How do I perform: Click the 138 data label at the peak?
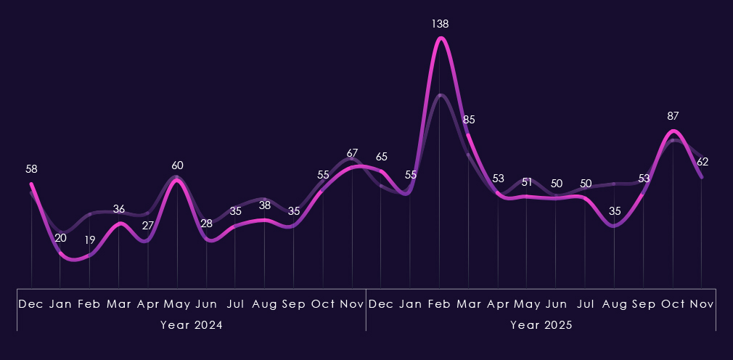440,24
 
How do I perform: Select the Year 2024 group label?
192,325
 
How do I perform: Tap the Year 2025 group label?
541,325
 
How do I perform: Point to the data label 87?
673,116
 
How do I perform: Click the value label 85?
469,119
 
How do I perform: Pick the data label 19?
89,240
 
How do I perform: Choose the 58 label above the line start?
31,169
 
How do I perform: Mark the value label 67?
352,153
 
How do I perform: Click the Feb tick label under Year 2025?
440,303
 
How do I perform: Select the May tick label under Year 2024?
177,303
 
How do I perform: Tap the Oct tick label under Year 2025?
673,303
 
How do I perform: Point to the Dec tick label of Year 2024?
31,303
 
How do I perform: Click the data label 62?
702,162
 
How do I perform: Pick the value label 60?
177,165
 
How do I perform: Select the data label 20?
60,237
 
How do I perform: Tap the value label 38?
264,205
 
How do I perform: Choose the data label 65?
381,157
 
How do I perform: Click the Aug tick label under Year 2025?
615,303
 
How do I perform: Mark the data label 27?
148,226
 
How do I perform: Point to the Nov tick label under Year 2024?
352,303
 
